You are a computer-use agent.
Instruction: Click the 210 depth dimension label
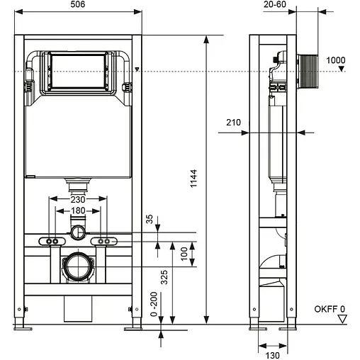pos(233,123)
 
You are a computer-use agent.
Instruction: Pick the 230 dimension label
pos(78,201)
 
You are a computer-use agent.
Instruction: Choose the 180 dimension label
pos(78,210)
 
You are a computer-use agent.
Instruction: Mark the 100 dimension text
pos(183,252)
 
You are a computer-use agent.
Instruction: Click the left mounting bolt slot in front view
pos(53,242)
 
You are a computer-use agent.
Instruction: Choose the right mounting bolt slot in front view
pos(103,242)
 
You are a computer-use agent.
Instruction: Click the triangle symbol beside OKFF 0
pos(343,320)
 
